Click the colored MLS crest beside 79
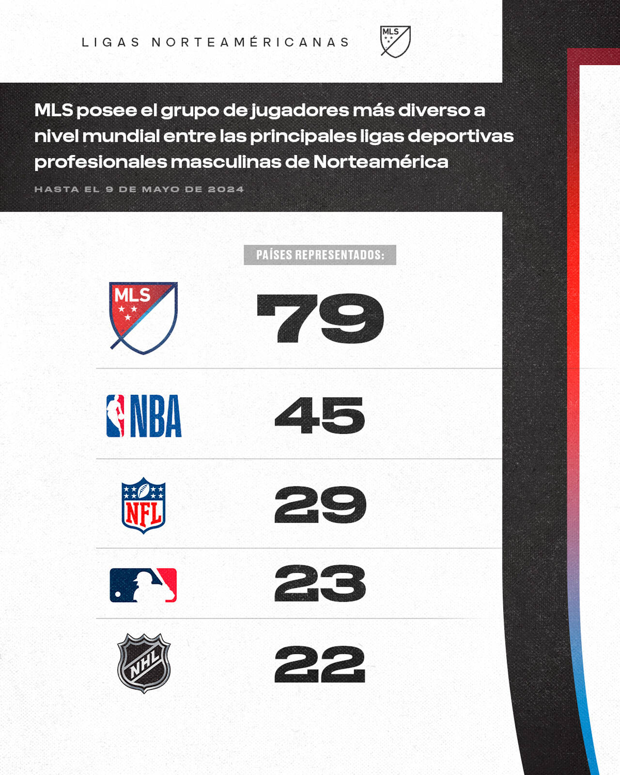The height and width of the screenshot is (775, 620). pos(143,317)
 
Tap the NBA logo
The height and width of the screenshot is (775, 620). pos(144,416)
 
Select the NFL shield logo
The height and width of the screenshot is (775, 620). pos(143,505)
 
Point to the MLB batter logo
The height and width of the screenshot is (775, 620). pos(143,585)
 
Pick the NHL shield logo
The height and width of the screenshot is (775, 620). pos(144,664)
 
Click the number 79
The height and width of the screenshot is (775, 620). pos(320,318)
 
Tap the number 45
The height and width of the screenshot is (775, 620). pos(320,415)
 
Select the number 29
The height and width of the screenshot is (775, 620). pos(320,505)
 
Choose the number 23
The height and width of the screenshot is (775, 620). pos(320,584)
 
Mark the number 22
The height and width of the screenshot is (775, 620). pos(320,664)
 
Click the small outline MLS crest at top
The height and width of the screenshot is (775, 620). pos(395,41)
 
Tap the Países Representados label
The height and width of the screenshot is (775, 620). pos(320,255)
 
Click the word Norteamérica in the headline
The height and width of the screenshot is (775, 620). pos(381,162)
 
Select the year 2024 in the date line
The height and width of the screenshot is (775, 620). pos(226,189)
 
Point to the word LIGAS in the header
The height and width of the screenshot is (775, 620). pos(110,43)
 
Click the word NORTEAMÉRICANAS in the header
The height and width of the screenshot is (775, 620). pos(250,43)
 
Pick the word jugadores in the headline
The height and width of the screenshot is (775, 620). pos(300,111)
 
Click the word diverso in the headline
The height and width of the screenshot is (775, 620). pos(434,110)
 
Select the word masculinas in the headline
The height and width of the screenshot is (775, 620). pos(225,162)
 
